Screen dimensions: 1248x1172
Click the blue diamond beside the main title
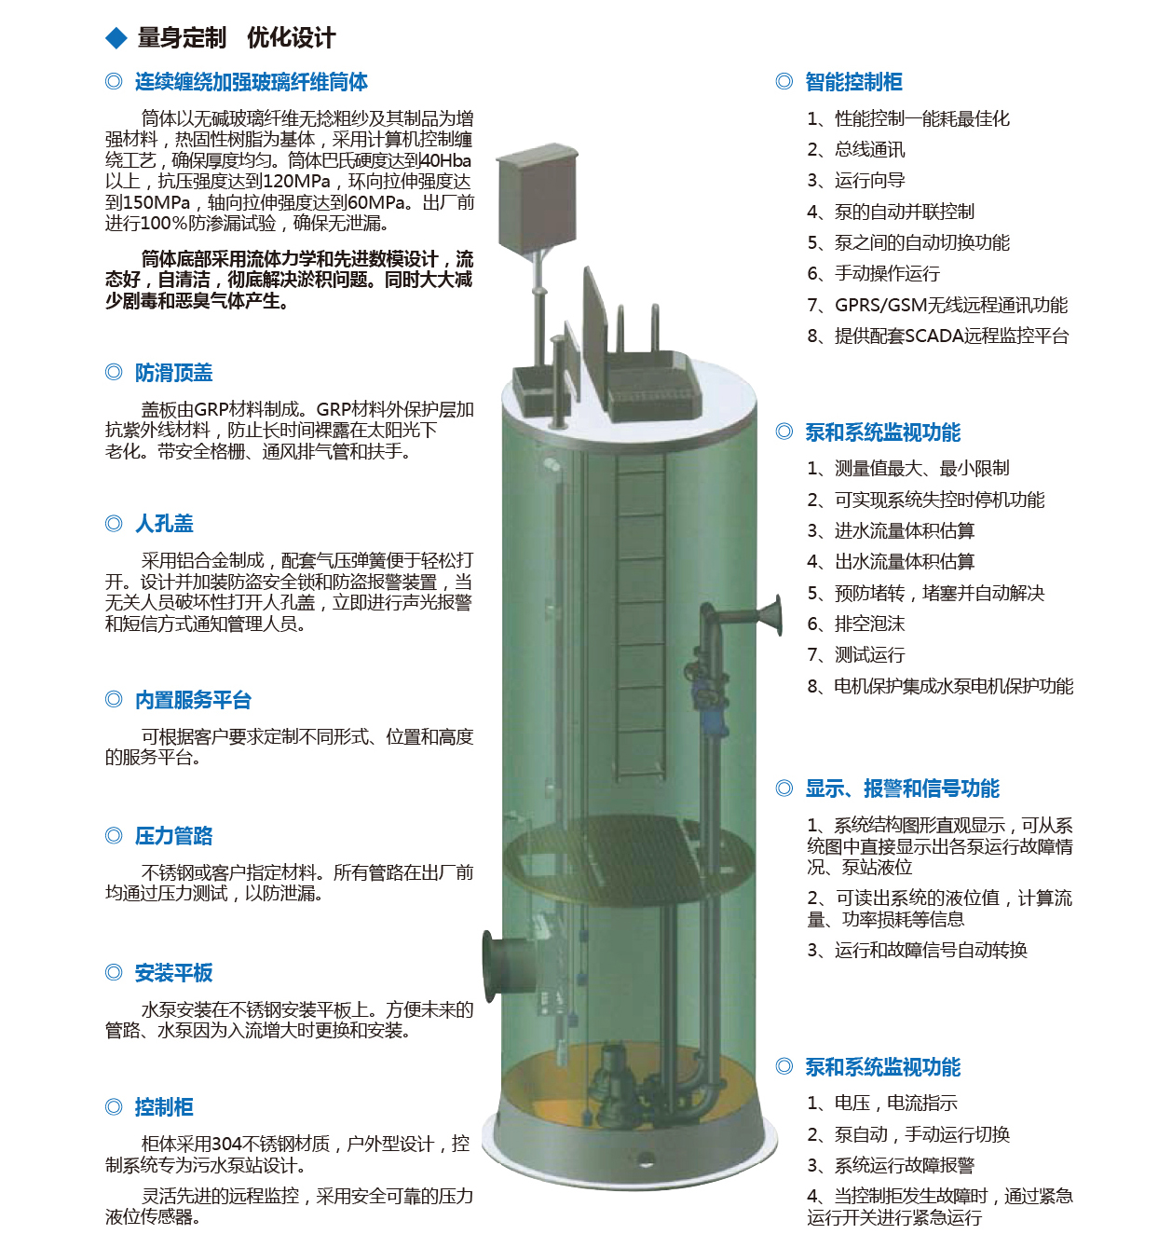[116, 38]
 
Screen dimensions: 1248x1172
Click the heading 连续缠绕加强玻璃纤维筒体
[251, 82]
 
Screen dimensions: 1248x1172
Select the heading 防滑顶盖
[173, 373]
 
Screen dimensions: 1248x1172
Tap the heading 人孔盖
[164, 524]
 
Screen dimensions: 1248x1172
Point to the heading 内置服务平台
[193, 700]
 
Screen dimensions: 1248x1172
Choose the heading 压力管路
[173, 836]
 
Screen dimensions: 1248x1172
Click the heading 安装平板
[173, 973]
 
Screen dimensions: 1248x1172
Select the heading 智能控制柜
[853, 82]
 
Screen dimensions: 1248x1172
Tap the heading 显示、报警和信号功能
[902, 789]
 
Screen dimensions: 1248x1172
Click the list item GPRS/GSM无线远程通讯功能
[950, 305]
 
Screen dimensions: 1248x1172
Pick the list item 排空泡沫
[869, 624]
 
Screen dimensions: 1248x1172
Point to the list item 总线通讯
[869, 149]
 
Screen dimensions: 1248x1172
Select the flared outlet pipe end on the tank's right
[772, 616]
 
